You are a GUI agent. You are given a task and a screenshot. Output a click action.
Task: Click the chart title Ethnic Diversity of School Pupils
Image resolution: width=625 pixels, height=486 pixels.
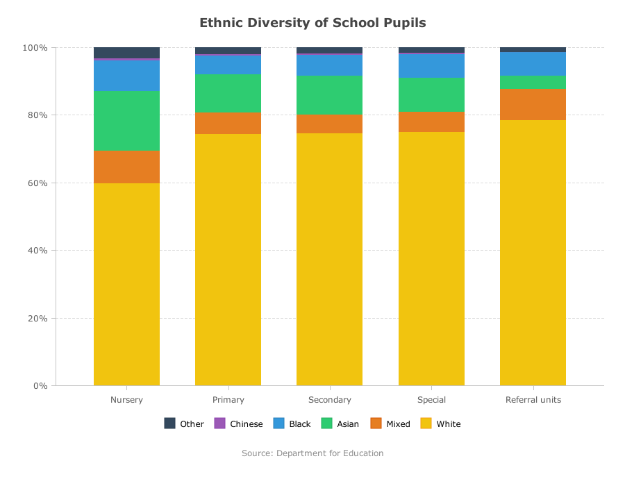pos(312,23)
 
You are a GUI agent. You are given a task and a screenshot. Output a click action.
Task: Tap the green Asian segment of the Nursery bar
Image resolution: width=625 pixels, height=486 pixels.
pos(127,121)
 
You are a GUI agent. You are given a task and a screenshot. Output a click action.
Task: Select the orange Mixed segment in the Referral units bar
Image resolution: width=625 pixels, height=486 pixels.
pos(533,104)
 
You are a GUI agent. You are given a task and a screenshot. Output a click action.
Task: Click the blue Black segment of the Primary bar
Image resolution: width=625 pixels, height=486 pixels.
pos(228,65)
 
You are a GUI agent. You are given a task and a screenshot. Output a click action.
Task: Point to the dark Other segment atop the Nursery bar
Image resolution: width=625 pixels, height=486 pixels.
pos(127,53)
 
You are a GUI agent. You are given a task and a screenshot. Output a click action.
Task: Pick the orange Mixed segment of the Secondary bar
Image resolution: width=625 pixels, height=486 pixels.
pos(330,124)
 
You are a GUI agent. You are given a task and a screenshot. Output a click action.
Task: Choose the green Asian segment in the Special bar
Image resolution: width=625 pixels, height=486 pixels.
pos(432,95)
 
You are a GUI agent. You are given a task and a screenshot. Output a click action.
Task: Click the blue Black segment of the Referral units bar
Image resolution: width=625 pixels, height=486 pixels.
pos(533,64)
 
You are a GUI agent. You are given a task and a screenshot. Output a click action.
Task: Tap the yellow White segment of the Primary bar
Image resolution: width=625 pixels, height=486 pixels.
pos(228,260)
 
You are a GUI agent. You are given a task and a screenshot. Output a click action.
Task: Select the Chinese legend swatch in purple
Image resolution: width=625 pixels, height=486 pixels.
pos(219,423)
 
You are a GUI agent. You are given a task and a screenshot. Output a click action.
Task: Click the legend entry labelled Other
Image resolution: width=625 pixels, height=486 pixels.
pos(184,424)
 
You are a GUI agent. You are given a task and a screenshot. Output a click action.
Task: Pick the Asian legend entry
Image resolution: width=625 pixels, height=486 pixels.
pos(340,424)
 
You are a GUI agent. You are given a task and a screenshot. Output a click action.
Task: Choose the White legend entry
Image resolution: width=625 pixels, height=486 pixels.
pos(441,424)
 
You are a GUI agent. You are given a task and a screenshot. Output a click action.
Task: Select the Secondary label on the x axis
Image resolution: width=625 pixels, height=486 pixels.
pos(330,399)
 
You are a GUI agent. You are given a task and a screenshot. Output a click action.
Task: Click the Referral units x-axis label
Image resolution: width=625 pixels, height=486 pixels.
pos(533,399)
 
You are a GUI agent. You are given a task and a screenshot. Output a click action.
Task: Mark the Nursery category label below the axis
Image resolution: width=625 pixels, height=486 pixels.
pos(127,399)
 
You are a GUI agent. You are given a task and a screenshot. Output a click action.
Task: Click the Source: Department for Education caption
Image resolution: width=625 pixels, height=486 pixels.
pos(312,453)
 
